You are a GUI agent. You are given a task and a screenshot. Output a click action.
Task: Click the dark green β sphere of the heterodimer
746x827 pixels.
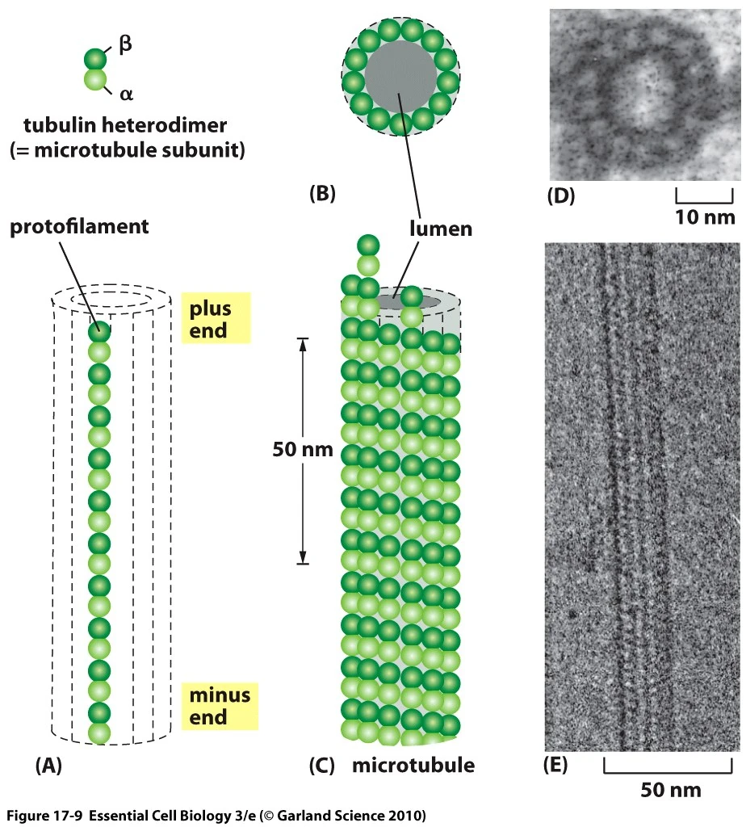pyautogui.click(x=95, y=59)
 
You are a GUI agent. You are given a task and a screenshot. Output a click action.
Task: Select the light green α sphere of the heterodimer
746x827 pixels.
pyautogui.click(x=95, y=79)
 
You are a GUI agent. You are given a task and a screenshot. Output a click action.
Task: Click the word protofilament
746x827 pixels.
pyautogui.click(x=79, y=227)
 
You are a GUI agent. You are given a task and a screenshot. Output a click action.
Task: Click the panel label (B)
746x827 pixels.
pyautogui.click(x=322, y=193)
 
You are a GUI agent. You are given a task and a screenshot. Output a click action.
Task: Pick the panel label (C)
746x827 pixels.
pyautogui.click(x=323, y=765)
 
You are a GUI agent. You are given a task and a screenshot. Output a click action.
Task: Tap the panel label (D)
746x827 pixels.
pyautogui.click(x=561, y=195)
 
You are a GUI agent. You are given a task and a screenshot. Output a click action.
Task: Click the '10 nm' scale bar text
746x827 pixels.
pyautogui.click(x=704, y=216)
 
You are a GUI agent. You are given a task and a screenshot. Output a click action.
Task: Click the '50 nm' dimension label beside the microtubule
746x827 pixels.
pyautogui.click(x=303, y=450)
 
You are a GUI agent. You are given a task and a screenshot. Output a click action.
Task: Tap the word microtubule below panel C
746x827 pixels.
pyautogui.click(x=413, y=765)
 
